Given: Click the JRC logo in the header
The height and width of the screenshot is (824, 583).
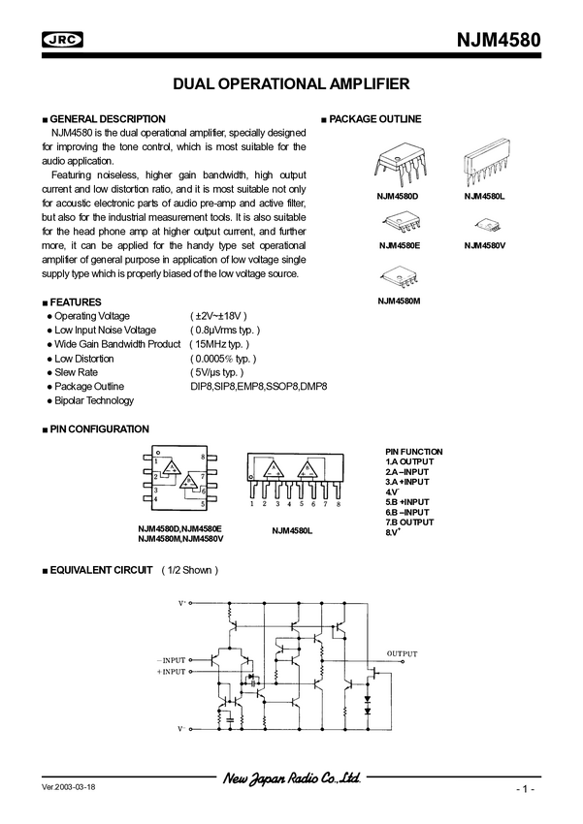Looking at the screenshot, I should [x=62, y=39].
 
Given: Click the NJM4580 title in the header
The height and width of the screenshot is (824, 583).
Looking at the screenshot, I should [x=498, y=41].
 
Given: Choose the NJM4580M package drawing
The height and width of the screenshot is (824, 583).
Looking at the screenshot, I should [x=398, y=277].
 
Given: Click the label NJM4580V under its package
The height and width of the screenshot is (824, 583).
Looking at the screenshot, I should [x=485, y=246].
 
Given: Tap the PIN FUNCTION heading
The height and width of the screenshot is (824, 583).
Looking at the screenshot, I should [x=413, y=452].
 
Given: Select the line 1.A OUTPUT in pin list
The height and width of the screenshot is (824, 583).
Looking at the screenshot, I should [x=409, y=461].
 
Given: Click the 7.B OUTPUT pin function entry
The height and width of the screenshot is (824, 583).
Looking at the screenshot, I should [x=409, y=522].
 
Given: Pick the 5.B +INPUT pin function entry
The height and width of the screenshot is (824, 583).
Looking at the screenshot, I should [x=408, y=502].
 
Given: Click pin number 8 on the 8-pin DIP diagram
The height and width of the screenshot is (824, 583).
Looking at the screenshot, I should [x=202, y=456].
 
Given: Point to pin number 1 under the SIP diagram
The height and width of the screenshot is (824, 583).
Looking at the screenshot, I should [x=252, y=504].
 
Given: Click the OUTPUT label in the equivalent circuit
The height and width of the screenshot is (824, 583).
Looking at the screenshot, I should [x=402, y=653].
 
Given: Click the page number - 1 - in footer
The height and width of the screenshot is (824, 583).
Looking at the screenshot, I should [x=525, y=790].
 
